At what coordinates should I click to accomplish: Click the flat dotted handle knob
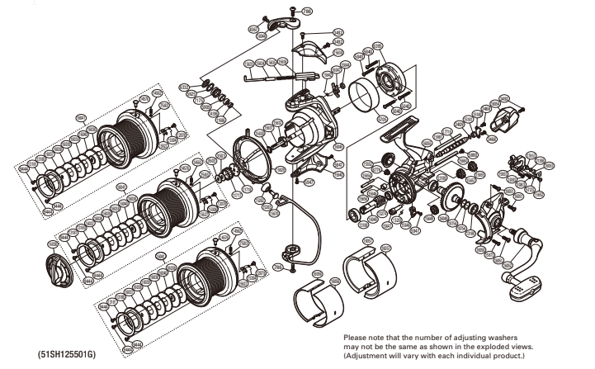coord(526,286)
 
